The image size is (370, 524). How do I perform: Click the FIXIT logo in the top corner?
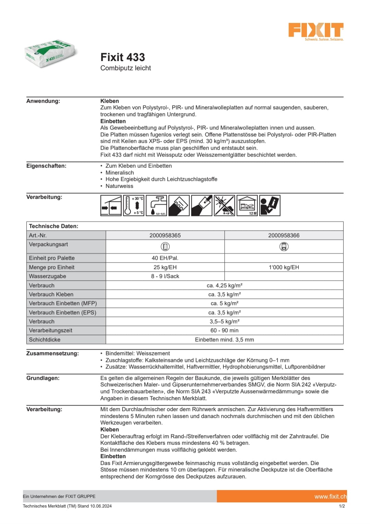[316, 31]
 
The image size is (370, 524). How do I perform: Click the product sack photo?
[51, 54]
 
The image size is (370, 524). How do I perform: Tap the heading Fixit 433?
[123, 57]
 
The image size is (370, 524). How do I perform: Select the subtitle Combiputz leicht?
[125, 68]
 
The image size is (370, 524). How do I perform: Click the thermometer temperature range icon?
[134, 206]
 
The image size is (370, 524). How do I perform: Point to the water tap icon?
[157, 206]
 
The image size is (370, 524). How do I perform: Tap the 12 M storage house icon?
[247, 206]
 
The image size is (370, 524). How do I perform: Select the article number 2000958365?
[165, 235]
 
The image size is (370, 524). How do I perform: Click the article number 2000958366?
[284, 235]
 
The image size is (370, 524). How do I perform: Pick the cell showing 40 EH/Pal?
[165, 258]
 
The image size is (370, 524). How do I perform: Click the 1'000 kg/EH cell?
[284, 267]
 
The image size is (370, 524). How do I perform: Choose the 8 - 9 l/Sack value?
[165, 276]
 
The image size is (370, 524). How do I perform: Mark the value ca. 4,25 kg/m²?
[224, 286]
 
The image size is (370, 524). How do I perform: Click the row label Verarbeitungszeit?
[51, 330]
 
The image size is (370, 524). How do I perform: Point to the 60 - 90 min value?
[224, 330]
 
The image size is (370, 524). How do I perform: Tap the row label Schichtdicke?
[45, 340]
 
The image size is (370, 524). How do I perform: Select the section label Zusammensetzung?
[52, 353]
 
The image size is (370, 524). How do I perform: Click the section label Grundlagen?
[43, 378]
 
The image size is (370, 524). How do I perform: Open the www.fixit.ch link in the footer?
[330, 497]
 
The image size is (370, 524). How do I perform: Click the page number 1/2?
[342, 506]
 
